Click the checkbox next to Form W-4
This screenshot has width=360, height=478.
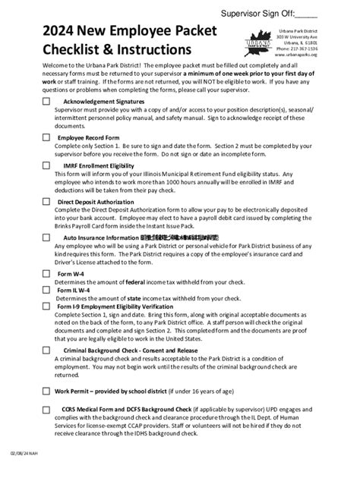click(46, 273)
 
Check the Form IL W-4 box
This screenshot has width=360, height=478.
click(46, 288)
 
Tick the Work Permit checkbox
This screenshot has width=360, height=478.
click(46, 390)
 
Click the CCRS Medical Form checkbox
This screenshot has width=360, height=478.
click(46, 409)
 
